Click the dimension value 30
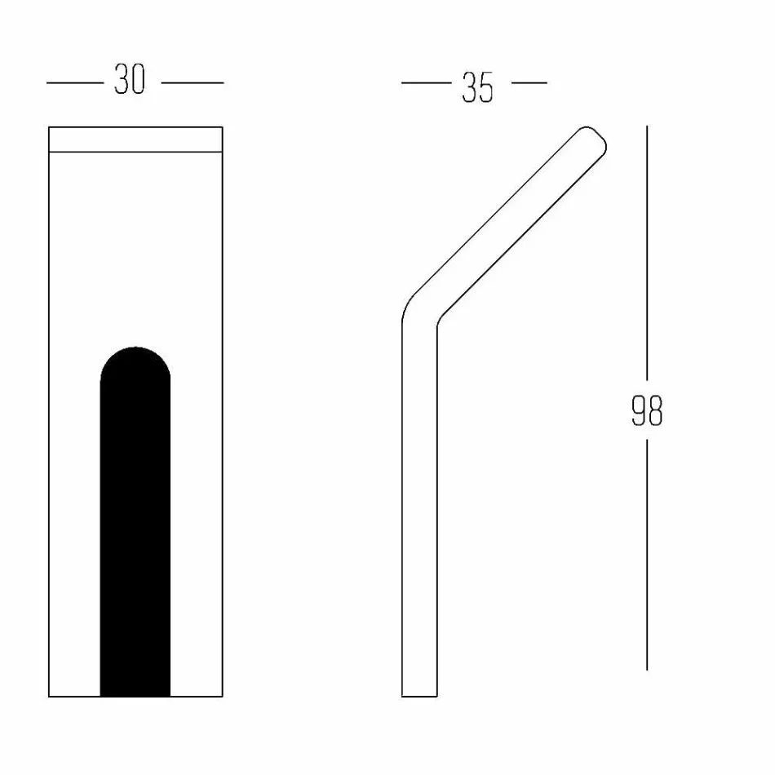click(x=129, y=82)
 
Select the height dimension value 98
click(x=647, y=411)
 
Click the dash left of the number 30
click(x=75, y=82)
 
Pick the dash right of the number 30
click(x=193, y=82)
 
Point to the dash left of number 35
click(x=426, y=82)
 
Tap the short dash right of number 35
click(x=529, y=82)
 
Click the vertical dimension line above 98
click(x=647, y=253)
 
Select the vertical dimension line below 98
click(x=647, y=555)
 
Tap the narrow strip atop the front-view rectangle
click(x=135, y=139)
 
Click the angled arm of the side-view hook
click(x=506, y=224)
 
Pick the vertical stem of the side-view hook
click(x=419, y=506)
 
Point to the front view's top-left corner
click(x=50, y=127)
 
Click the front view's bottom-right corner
click(x=222, y=696)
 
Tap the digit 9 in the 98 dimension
click(x=639, y=411)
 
